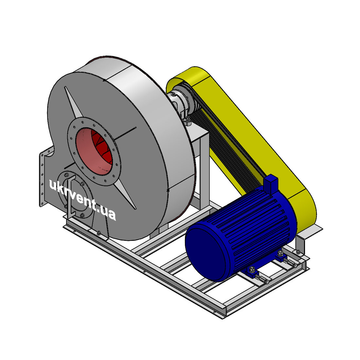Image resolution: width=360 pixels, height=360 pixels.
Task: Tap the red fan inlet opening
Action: tap(94, 151)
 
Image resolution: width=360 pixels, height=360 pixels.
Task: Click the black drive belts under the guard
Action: tap(227, 147)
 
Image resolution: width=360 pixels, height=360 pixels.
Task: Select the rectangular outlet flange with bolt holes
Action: tap(42, 177)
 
